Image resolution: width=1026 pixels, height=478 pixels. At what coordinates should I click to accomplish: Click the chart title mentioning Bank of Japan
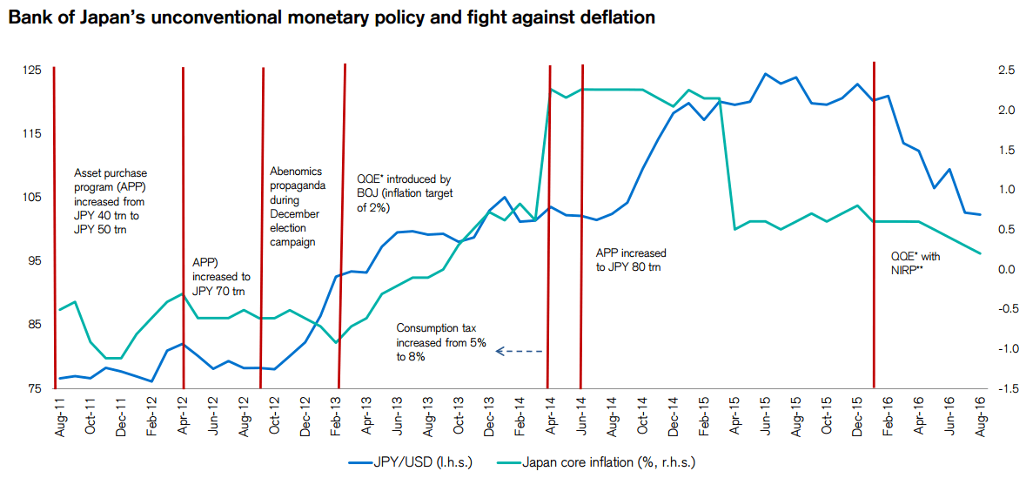332,17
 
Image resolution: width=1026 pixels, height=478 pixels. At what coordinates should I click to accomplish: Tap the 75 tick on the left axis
33,388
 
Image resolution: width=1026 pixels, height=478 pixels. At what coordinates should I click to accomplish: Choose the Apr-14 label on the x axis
551,416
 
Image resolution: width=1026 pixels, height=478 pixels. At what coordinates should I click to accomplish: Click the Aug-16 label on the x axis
982,416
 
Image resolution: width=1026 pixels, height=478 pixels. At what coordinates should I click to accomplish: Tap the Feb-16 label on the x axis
889,416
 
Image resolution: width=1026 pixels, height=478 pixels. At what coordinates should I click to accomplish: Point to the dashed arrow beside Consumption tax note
520,352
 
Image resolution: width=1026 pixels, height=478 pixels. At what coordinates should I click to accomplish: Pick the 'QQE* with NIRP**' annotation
915,263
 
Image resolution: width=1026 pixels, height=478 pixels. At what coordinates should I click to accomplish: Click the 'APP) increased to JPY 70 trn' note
220,275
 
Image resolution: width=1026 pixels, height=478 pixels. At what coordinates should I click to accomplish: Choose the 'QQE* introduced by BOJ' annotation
405,192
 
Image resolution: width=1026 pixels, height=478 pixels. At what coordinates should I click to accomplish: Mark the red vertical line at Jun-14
581,226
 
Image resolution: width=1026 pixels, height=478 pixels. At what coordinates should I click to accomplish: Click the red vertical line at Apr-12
183,226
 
